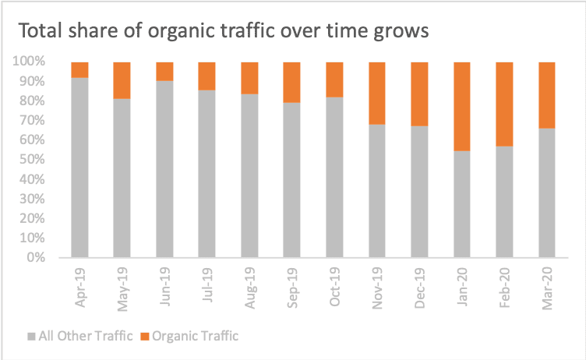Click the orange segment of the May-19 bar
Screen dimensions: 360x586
[122, 80]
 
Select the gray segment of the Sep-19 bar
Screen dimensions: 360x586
[291, 179]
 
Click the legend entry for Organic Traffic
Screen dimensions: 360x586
[190, 337]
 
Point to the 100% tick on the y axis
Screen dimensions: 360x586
[28, 62]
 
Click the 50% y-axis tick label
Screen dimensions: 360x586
[31, 160]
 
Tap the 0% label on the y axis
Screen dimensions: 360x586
[35, 258]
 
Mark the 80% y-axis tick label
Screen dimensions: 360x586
[31, 101]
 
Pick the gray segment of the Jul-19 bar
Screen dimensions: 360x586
[207, 173]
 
